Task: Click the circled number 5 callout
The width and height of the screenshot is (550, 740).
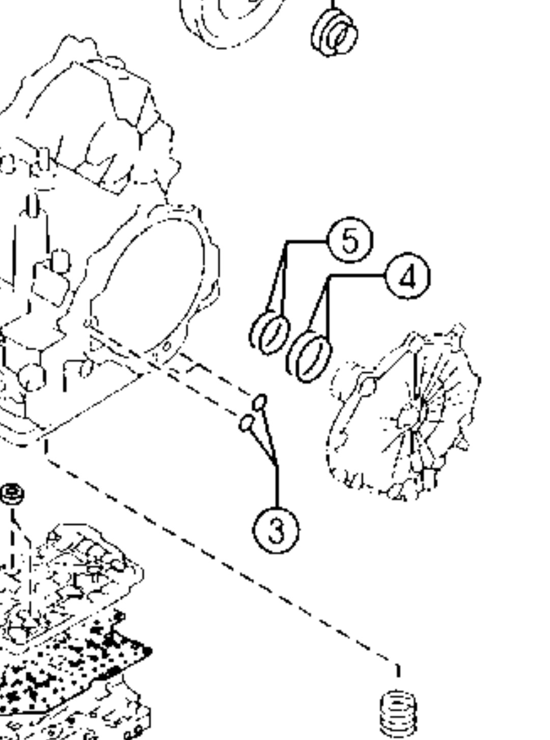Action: [350, 240]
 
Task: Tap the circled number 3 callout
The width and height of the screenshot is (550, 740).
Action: [276, 530]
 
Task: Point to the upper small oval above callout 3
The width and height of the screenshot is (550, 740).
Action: [260, 402]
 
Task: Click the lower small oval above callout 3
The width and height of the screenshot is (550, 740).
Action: [246, 423]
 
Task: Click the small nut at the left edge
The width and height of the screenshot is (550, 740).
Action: [12, 494]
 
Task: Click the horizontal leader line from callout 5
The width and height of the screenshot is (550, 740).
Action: [307, 241]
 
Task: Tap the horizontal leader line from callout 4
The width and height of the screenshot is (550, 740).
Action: [357, 275]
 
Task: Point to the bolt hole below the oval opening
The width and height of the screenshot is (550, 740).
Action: [167, 346]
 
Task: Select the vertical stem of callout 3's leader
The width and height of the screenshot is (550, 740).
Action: [277, 487]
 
